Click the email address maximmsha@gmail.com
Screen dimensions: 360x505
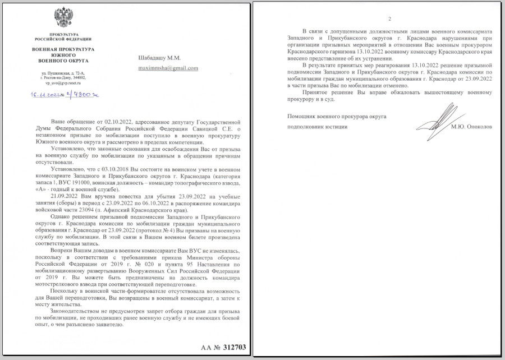(168, 68)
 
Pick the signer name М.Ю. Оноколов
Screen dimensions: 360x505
(470, 127)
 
